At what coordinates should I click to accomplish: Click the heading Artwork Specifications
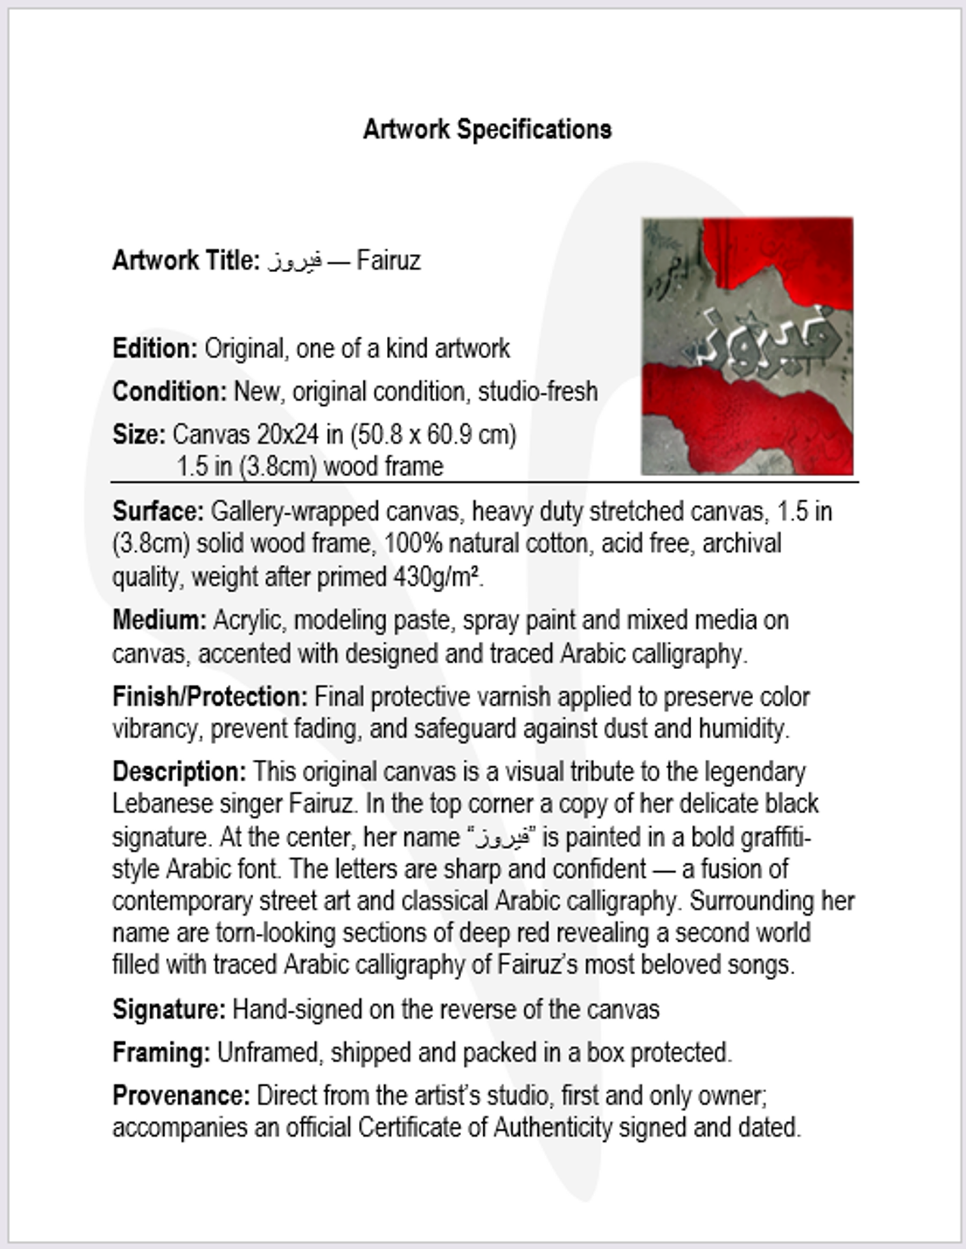[x=487, y=130]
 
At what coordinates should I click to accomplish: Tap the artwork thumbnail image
[x=747, y=346]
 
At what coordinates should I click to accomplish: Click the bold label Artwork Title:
[x=186, y=261]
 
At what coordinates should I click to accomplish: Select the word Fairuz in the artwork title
[x=389, y=261]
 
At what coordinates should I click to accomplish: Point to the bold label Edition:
[x=155, y=348]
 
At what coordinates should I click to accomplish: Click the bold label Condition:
[x=170, y=392]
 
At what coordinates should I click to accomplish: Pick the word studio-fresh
[x=538, y=392]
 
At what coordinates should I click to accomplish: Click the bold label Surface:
[x=158, y=511]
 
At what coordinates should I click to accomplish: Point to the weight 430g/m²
[x=436, y=577]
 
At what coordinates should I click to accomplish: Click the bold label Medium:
[x=159, y=620]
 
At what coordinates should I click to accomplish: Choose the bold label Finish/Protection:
[x=210, y=697]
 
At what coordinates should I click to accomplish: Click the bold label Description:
[x=179, y=772]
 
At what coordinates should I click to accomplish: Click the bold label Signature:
[x=169, y=1009]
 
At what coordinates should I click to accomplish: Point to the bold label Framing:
[x=161, y=1052]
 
